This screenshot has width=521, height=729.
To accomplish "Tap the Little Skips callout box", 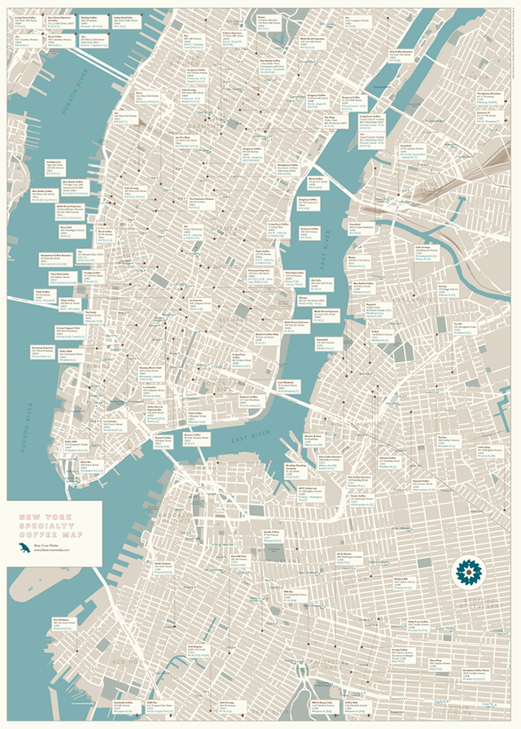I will pos(485,451).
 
